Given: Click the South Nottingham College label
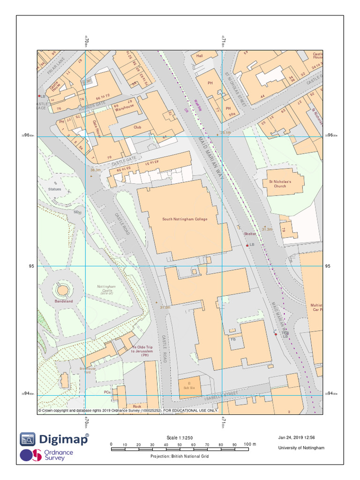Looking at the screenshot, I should [185, 219].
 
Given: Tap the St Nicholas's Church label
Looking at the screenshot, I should [280, 184].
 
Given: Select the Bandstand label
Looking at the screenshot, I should [64, 301].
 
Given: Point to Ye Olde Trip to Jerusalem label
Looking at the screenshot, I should [142, 351].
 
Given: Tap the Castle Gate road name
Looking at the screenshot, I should [124, 161].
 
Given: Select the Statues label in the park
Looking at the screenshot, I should [54, 189].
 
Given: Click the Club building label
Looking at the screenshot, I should [137, 127].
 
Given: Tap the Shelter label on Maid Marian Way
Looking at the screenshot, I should [250, 233].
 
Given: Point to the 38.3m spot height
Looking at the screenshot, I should [96, 170].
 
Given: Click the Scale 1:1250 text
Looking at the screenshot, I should [180, 438].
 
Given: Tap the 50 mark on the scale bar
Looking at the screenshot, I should [180, 444].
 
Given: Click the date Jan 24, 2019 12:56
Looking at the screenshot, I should [296, 438].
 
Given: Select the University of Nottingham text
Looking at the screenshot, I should [301, 448].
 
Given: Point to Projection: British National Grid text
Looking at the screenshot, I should [180, 457].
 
